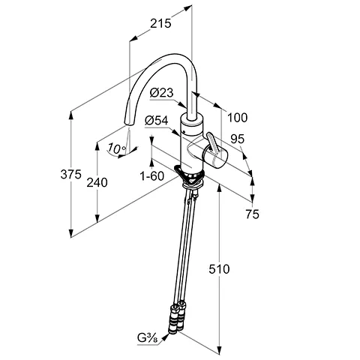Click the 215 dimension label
(160, 23)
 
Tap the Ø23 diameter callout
(161, 93)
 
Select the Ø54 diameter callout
(157, 121)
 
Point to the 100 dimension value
(237, 118)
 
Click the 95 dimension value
(237, 139)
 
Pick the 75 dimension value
(252, 214)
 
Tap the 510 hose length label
(219, 269)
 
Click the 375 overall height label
(71, 174)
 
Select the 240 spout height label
(97, 182)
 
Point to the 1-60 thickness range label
(152, 176)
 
